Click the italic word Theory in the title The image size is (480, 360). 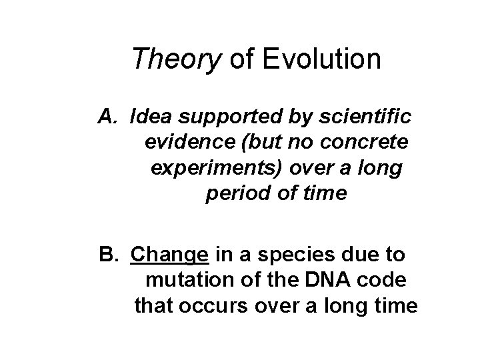(x=177, y=59)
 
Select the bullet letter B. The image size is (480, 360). (x=108, y=255)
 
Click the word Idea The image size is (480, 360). (x=152, y=117)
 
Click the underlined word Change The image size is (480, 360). (x=171, y=255)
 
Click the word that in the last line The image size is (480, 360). (x=152, y=307)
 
